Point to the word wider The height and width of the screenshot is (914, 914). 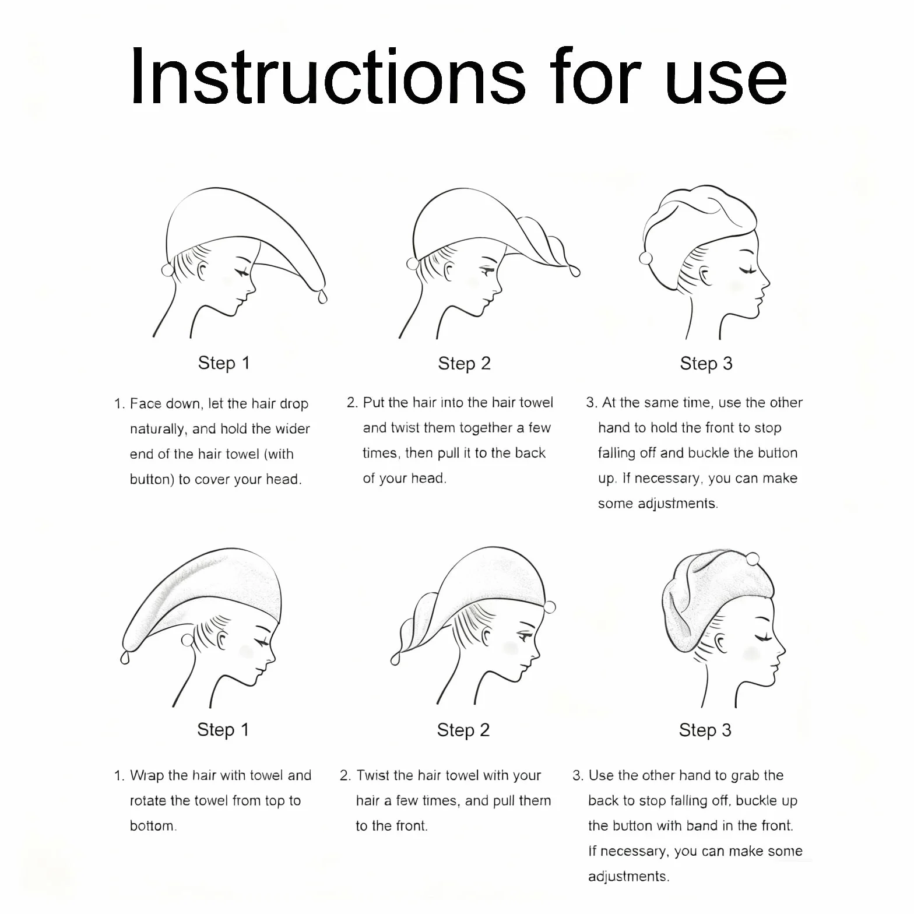[x=292, y=428]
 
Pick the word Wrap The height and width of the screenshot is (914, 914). [x=147, y=776]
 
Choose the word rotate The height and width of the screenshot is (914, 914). [x=148, y=801]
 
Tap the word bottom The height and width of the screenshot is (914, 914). [x=153, y=826]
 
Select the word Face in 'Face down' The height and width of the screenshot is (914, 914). [x=145, y=403]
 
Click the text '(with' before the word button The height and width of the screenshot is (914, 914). [x=279, y=454]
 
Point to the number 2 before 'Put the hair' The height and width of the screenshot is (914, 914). [x=351, y=402]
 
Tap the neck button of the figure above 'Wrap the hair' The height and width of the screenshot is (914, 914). [x=187, y=641]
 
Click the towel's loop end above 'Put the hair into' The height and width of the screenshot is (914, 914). [x=574, y=271]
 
